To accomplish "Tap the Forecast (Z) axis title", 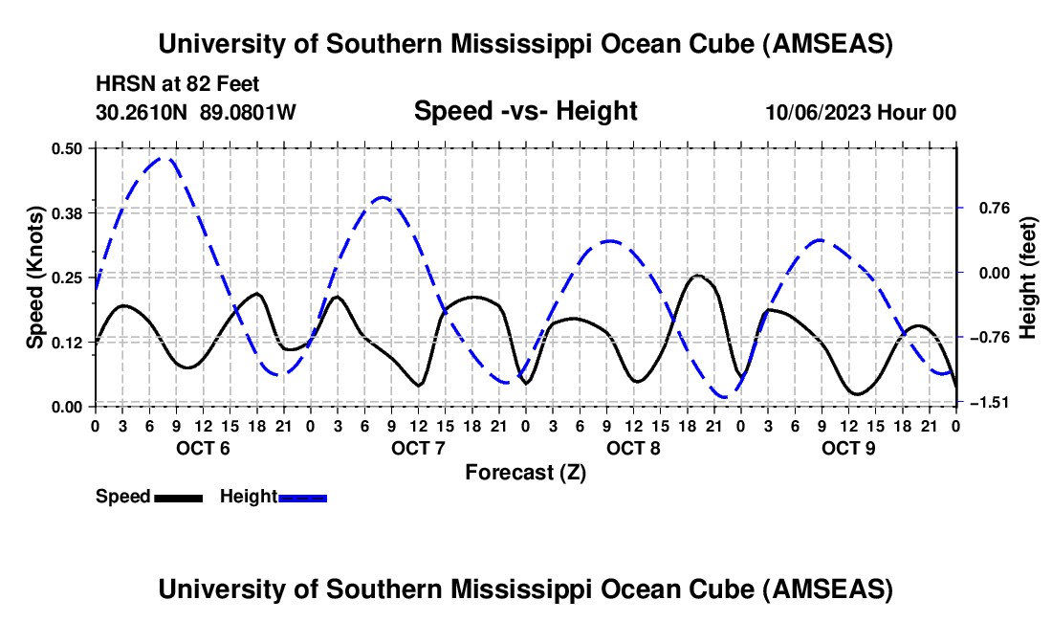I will click(525, 472).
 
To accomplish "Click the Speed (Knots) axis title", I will click(35, 278).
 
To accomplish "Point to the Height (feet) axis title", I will click(1029, 278).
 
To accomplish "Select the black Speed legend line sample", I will click(178, 497).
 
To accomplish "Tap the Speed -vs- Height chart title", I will click(525, 112).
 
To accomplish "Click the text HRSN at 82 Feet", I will click(177, 84).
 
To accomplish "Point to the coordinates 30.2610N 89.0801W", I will click(196, 112).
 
